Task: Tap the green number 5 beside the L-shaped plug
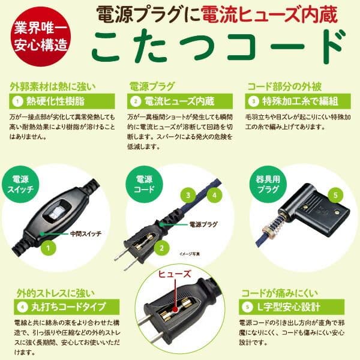[x=335, y=195]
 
